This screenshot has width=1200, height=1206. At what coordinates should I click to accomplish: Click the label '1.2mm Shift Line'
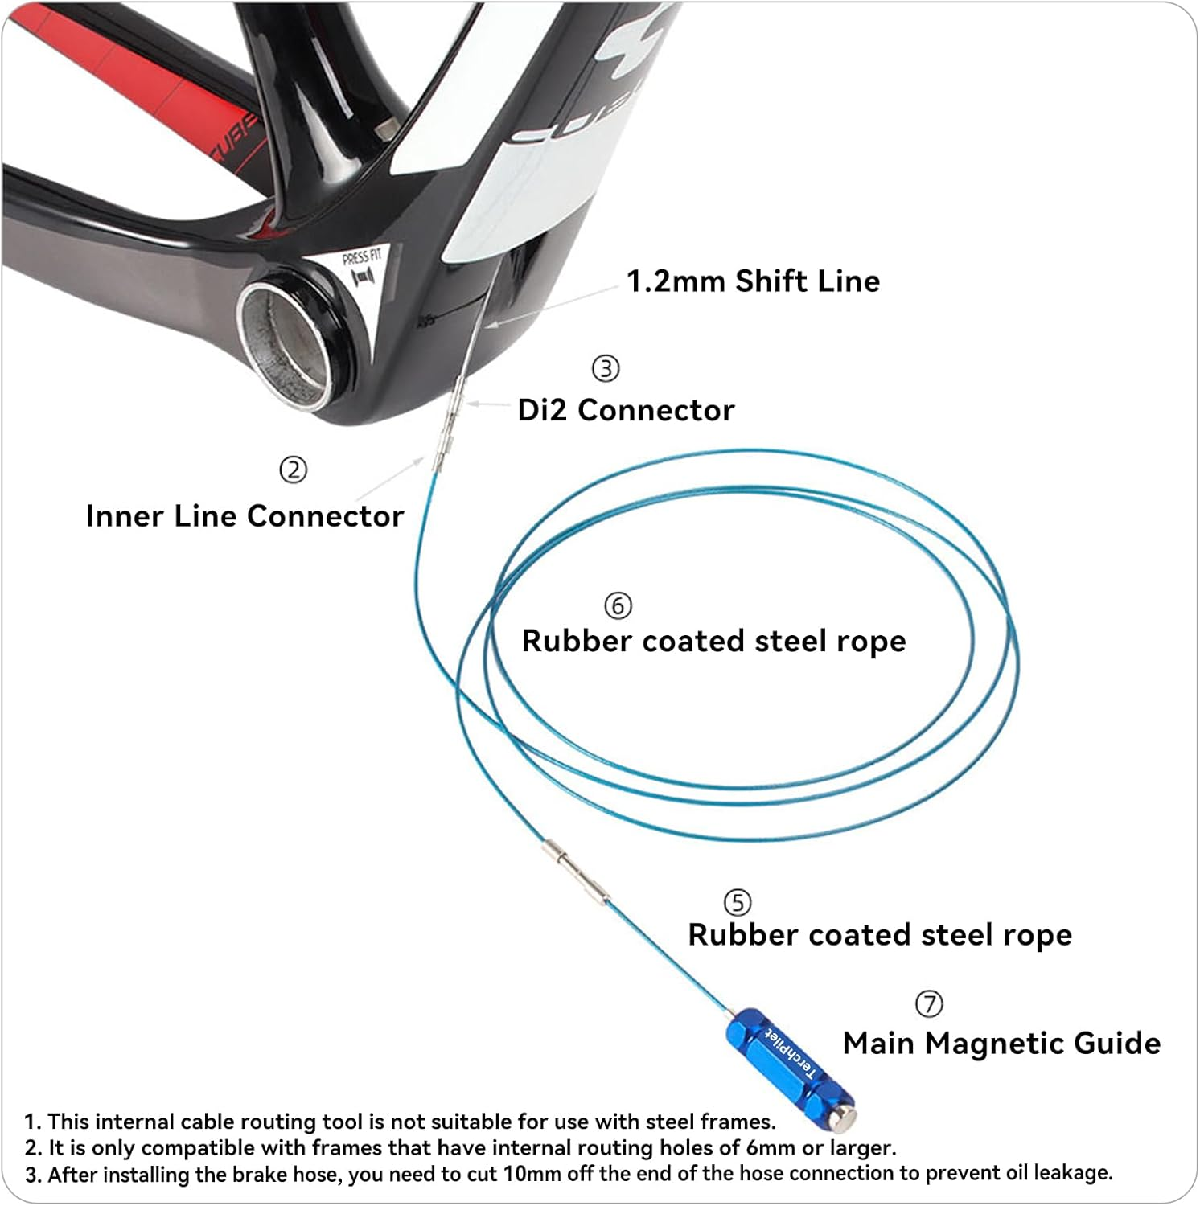coord(753,281)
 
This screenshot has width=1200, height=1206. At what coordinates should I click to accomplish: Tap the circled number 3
coord(606,368)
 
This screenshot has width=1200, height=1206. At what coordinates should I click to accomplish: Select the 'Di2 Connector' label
coord(626,410)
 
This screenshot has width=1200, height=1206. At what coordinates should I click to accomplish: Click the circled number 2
coord(293,470)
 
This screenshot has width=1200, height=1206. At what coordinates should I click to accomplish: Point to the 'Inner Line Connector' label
coord(245,516)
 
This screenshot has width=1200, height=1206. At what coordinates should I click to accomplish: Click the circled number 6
coord(618,605)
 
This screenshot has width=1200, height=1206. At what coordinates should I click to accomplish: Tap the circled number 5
coord(738,902)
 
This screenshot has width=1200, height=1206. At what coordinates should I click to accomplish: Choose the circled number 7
coord(929,1003)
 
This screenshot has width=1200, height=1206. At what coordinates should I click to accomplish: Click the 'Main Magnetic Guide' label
coord(1001,1044)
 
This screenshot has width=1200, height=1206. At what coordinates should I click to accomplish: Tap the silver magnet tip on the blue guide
coord(844,1116)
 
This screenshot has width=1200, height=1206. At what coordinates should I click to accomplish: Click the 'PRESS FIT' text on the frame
coord(361,258)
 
